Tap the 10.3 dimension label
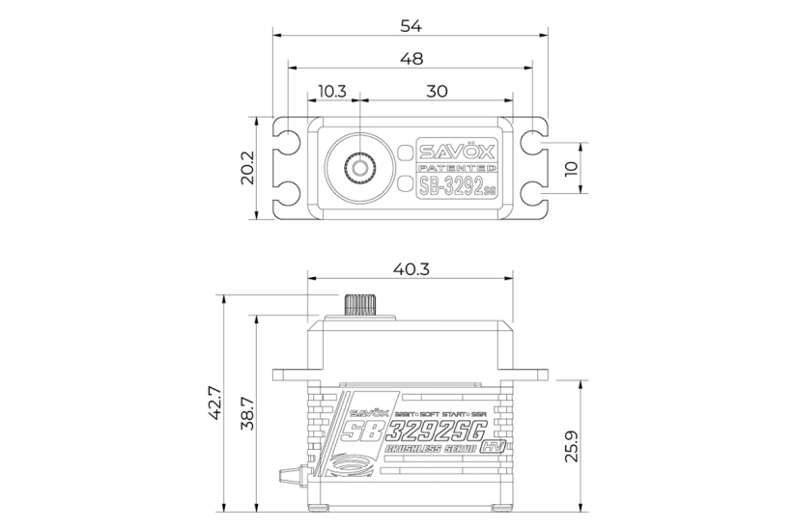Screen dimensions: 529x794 coord(331,91)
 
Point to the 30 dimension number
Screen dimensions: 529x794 coord(437,91)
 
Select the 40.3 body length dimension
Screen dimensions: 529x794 coord(411,269)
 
